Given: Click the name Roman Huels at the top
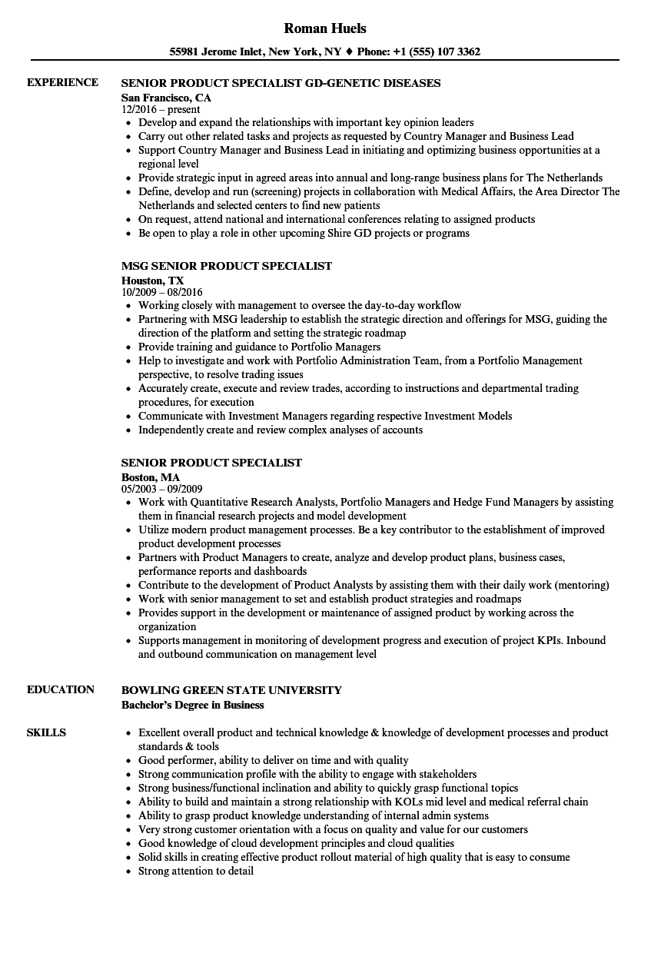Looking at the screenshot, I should pyautogui.click(x=325, y=28).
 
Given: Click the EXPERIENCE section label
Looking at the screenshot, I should pyautogui.click(x=62, y=83).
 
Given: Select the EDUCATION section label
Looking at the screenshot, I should pyautogui.click(x=61, y=689).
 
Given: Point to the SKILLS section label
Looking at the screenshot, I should pyautogui.click(x=46, y=732).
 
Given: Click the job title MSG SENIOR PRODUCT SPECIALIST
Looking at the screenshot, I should pyautogui.click(x=227, y=266).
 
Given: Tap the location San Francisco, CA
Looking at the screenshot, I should pyautogui.click(x=166, y=98).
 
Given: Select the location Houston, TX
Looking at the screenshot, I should pyautogui.click(x=152, y=281).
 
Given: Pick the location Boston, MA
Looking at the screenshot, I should pyautogui.click(x=151, y=477).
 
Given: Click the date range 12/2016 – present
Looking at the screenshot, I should pyautogui.click(x=161, y=110).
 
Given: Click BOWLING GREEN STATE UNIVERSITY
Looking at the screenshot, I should pyautogui.click(x=231, y=689).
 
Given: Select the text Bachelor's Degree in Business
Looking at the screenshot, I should pyautogui.click(x=193, y=705).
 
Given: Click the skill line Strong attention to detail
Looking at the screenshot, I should pyautogui.click(x=196, y=871).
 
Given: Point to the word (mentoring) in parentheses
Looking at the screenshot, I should pyautogui.click(x=582, y=585).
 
